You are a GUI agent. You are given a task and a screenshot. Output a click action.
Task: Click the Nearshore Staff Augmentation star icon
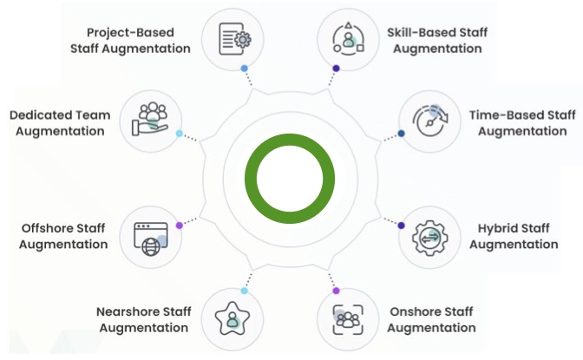(x=233, y=318)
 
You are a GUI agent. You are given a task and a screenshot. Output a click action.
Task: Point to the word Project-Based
(x=129, y=33)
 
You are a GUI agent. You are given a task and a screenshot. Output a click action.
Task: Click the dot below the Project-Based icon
(x=245, y=67)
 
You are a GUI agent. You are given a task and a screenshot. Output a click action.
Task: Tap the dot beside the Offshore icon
(x=179, y=225)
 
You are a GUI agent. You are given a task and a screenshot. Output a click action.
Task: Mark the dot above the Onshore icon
(x=336, y=291)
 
